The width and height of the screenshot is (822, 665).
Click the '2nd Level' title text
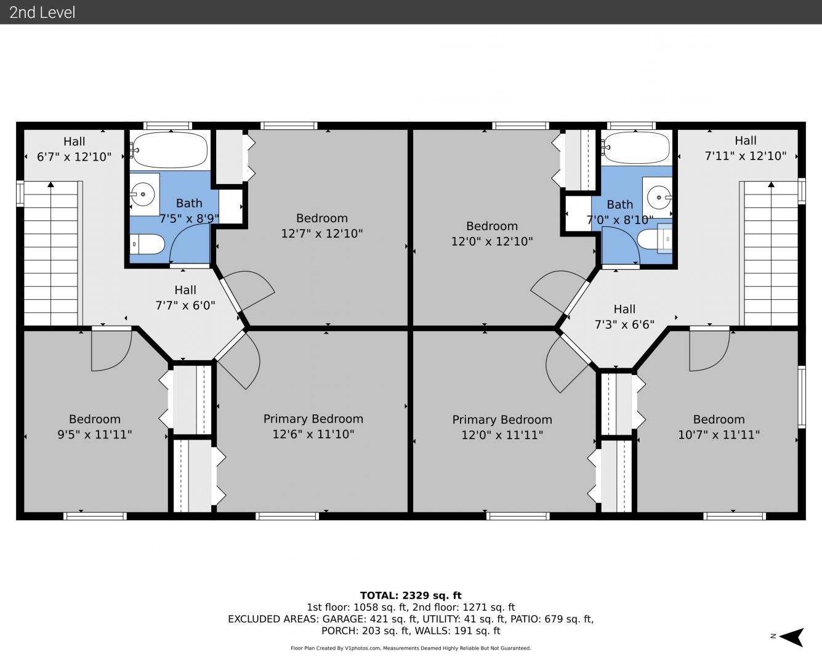[42, 12]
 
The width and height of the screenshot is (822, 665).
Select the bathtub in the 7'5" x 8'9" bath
[170, 150]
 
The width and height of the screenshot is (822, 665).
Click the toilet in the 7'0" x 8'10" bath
[655, 239]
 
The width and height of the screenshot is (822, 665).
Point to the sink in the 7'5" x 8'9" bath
[143, 194]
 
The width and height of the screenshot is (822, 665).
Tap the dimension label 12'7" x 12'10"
[322, 233]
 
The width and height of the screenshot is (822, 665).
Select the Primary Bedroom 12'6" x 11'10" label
[313, 426]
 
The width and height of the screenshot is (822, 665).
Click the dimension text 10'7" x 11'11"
[719, 435]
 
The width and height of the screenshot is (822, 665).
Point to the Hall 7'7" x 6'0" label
[185, 297]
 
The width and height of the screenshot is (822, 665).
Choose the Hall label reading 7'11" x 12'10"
[746, 148]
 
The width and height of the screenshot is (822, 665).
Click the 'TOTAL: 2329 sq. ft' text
[411, 595]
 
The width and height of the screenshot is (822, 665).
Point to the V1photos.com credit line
[411, 648]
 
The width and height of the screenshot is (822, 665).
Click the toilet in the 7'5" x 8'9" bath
[147, 244]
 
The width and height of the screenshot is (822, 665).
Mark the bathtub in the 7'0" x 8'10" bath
[637, 148]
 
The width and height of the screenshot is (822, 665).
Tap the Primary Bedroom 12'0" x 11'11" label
[502, 427]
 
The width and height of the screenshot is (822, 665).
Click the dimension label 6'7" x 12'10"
[74, 157]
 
